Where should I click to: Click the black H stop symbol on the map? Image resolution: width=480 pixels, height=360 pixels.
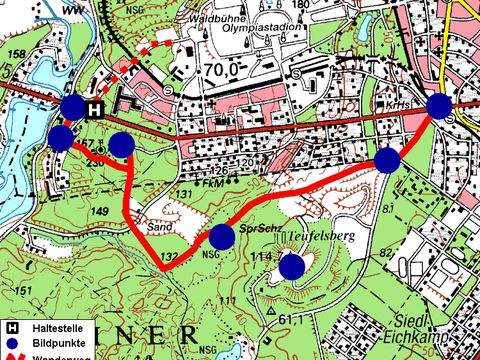click(94, 110)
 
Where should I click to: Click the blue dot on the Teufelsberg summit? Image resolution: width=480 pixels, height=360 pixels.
click(291, 267)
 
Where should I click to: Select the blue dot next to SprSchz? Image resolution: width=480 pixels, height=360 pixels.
click(221, 237)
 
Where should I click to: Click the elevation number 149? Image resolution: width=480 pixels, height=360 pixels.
click(100, 211)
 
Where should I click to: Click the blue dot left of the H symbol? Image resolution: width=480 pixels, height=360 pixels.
click(73, 107)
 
